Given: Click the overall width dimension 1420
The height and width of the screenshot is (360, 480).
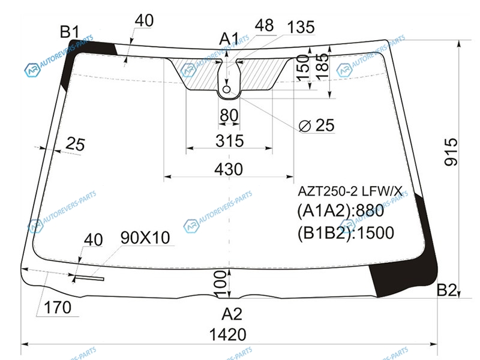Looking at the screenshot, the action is pyautogui.click(x=228, y=334).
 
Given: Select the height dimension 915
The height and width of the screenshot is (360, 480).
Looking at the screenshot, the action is pyautogui.click(x=451, y=152).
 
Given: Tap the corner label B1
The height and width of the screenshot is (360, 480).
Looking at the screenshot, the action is pyautogui.click(x=70, y=32).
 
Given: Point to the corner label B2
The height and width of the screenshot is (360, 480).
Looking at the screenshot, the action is pyautogui.click(x=446, y=290).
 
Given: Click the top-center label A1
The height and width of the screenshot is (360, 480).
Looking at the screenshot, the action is pyautogui.click(x=229, y=39).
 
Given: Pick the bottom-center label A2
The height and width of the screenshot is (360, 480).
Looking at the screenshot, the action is pyautogui.click(x=232, y=314).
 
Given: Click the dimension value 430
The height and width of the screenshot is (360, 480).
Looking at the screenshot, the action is pyautogui.click(x=229, y=169).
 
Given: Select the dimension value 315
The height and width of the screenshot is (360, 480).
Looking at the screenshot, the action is pyautogui.click(x=230, y=141).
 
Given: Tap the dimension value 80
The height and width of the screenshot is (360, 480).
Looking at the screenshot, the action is pyautogui.click(x=229, y=115).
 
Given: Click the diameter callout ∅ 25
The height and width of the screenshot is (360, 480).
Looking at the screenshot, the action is pyautogui.click(x=316, y=125).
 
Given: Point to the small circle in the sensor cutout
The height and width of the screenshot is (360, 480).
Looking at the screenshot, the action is pyautogui.click(x=227, y=89).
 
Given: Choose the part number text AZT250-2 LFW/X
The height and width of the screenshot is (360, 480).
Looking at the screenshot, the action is pyautogui.click(x=350, y=191).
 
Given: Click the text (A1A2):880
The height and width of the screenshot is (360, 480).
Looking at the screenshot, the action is pyautogui.click(x=340, y=211).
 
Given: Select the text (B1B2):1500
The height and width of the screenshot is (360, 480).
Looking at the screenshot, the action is pyautogui.click(x=346, y=233).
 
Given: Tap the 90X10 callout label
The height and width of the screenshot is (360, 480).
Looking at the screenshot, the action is pyautogui.click(x=145, y=238).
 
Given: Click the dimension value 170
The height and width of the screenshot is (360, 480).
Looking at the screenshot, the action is pyautogui.click(x=58, y=307).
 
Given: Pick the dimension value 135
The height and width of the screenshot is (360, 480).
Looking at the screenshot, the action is pyautogui.click(x=301, y=27).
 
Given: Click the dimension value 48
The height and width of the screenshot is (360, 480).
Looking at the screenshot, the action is pyautogui.click(x=264, y=25).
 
